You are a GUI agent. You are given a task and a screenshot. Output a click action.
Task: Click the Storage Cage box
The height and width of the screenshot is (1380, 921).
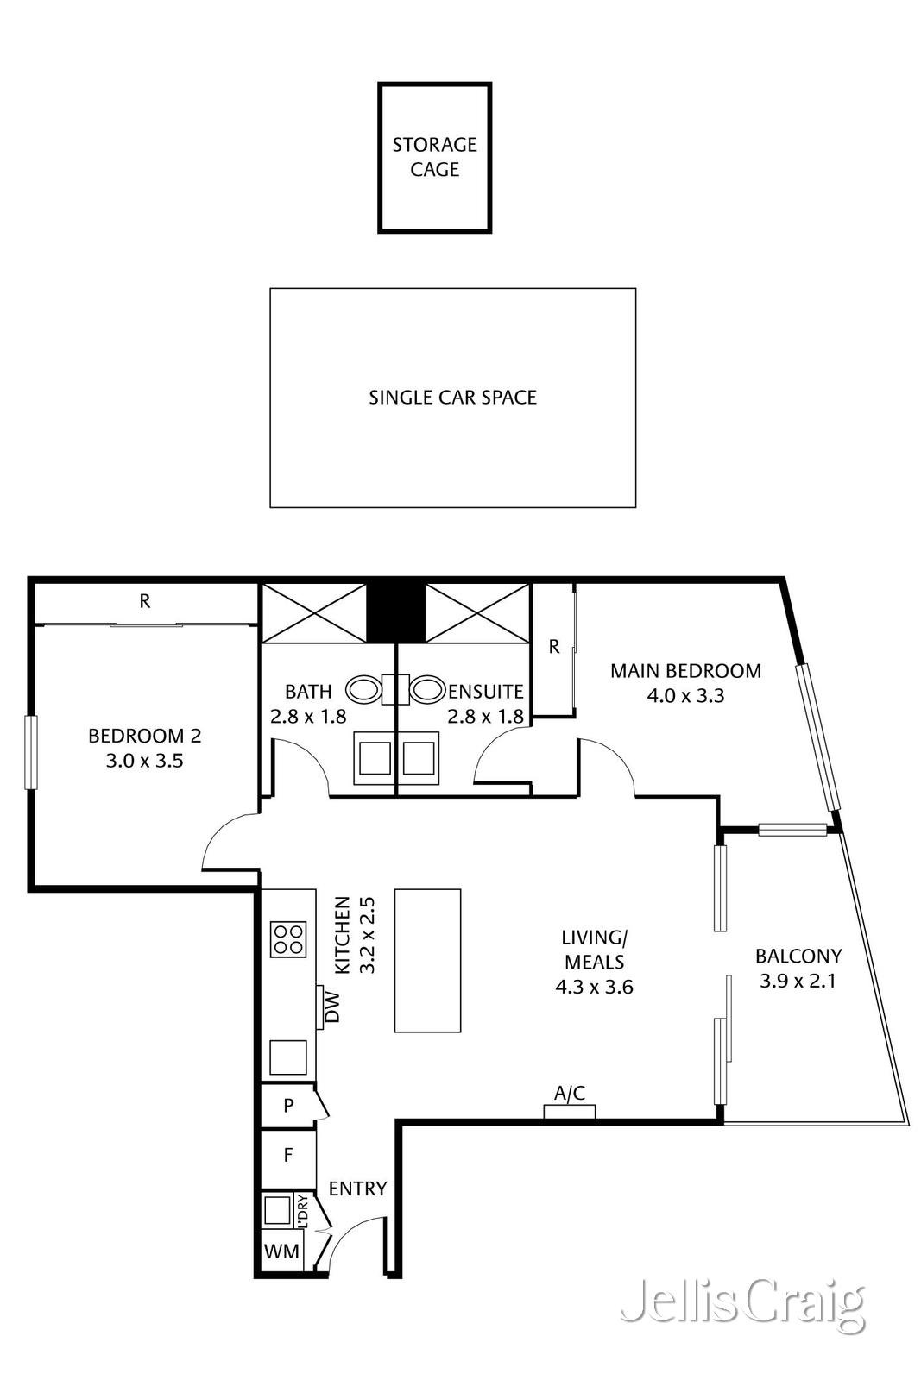(x=434, y=157)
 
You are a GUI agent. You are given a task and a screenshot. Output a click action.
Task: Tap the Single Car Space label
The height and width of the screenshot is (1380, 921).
(x=452, y=398)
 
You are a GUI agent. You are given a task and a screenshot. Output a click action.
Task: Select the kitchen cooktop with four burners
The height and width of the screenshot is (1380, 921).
(x=288, y=939)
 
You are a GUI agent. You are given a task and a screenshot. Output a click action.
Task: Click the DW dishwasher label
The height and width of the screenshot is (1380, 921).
(x=332, y=1007)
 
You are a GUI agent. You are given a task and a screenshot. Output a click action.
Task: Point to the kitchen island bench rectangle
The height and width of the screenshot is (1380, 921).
(x=427, y=960)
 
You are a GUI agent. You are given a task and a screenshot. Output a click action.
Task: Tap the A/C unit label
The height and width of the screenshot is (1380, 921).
(x=569, y=1094)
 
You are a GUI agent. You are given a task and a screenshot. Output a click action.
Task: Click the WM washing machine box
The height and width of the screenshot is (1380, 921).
(x=281, y=1251)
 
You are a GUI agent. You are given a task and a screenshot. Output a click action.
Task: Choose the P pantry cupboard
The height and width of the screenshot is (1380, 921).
(x=288, y=1105)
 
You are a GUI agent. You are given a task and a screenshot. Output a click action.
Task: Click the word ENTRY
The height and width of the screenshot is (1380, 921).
(x=357, y=1189)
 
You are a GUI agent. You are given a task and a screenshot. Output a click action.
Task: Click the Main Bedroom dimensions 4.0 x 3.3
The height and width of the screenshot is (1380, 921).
(x=685, y=695)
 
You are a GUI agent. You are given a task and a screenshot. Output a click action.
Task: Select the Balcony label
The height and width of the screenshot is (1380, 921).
(x=798, y=956)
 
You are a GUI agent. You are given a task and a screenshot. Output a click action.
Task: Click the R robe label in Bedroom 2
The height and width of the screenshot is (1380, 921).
(x=145, y=601)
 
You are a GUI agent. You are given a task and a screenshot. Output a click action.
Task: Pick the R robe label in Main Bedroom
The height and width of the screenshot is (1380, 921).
(x=553, y=646)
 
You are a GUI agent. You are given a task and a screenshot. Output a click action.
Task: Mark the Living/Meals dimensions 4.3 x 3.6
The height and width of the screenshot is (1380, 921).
(x=594, y=987)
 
